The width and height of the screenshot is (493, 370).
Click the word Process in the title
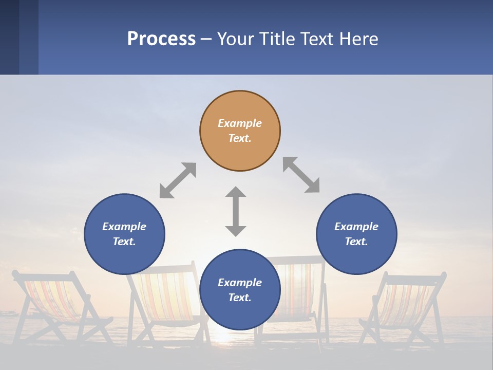(161, 39)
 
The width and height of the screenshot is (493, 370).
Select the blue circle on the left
(124, 257)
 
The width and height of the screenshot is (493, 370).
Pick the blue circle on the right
(356, 257)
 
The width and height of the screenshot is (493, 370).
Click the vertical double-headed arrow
(236, 211)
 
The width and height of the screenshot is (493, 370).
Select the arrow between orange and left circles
(178, 180)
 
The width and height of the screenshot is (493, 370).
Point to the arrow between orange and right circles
(301, 175)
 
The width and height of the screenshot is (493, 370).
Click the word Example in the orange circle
(240, 123)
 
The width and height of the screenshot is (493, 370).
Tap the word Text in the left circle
(124, 242)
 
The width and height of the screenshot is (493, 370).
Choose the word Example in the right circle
(356, 227)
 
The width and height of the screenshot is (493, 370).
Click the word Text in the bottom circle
(240, 298)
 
